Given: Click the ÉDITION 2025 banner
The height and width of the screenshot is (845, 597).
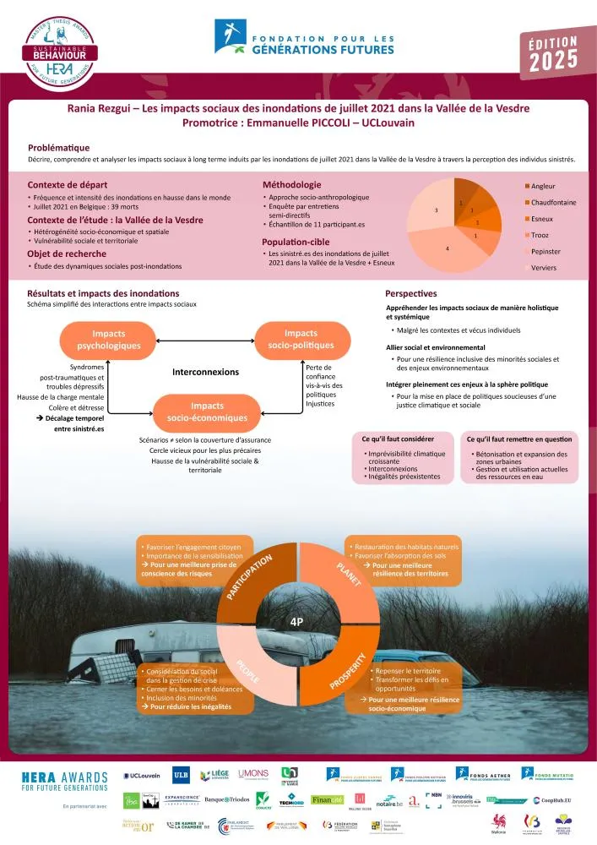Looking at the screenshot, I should click(553, 54).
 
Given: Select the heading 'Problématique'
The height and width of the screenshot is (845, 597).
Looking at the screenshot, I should click(58, 147).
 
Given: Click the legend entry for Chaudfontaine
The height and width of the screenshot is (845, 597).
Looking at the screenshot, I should click(553, 202).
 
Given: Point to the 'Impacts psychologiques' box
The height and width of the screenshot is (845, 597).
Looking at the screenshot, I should click(108, 341).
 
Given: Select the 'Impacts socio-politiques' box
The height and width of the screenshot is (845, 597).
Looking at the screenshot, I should click(301, 339).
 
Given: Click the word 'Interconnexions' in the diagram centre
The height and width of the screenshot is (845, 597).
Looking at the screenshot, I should click(205, 372).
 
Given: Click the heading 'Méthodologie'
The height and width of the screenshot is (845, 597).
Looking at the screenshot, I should click(291, 184).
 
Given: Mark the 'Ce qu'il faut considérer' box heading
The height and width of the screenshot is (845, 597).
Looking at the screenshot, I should click(398, 439).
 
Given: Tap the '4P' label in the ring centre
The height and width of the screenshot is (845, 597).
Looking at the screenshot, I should click(296, 622).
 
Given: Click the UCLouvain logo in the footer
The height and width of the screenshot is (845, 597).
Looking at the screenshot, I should click(143, 775).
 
